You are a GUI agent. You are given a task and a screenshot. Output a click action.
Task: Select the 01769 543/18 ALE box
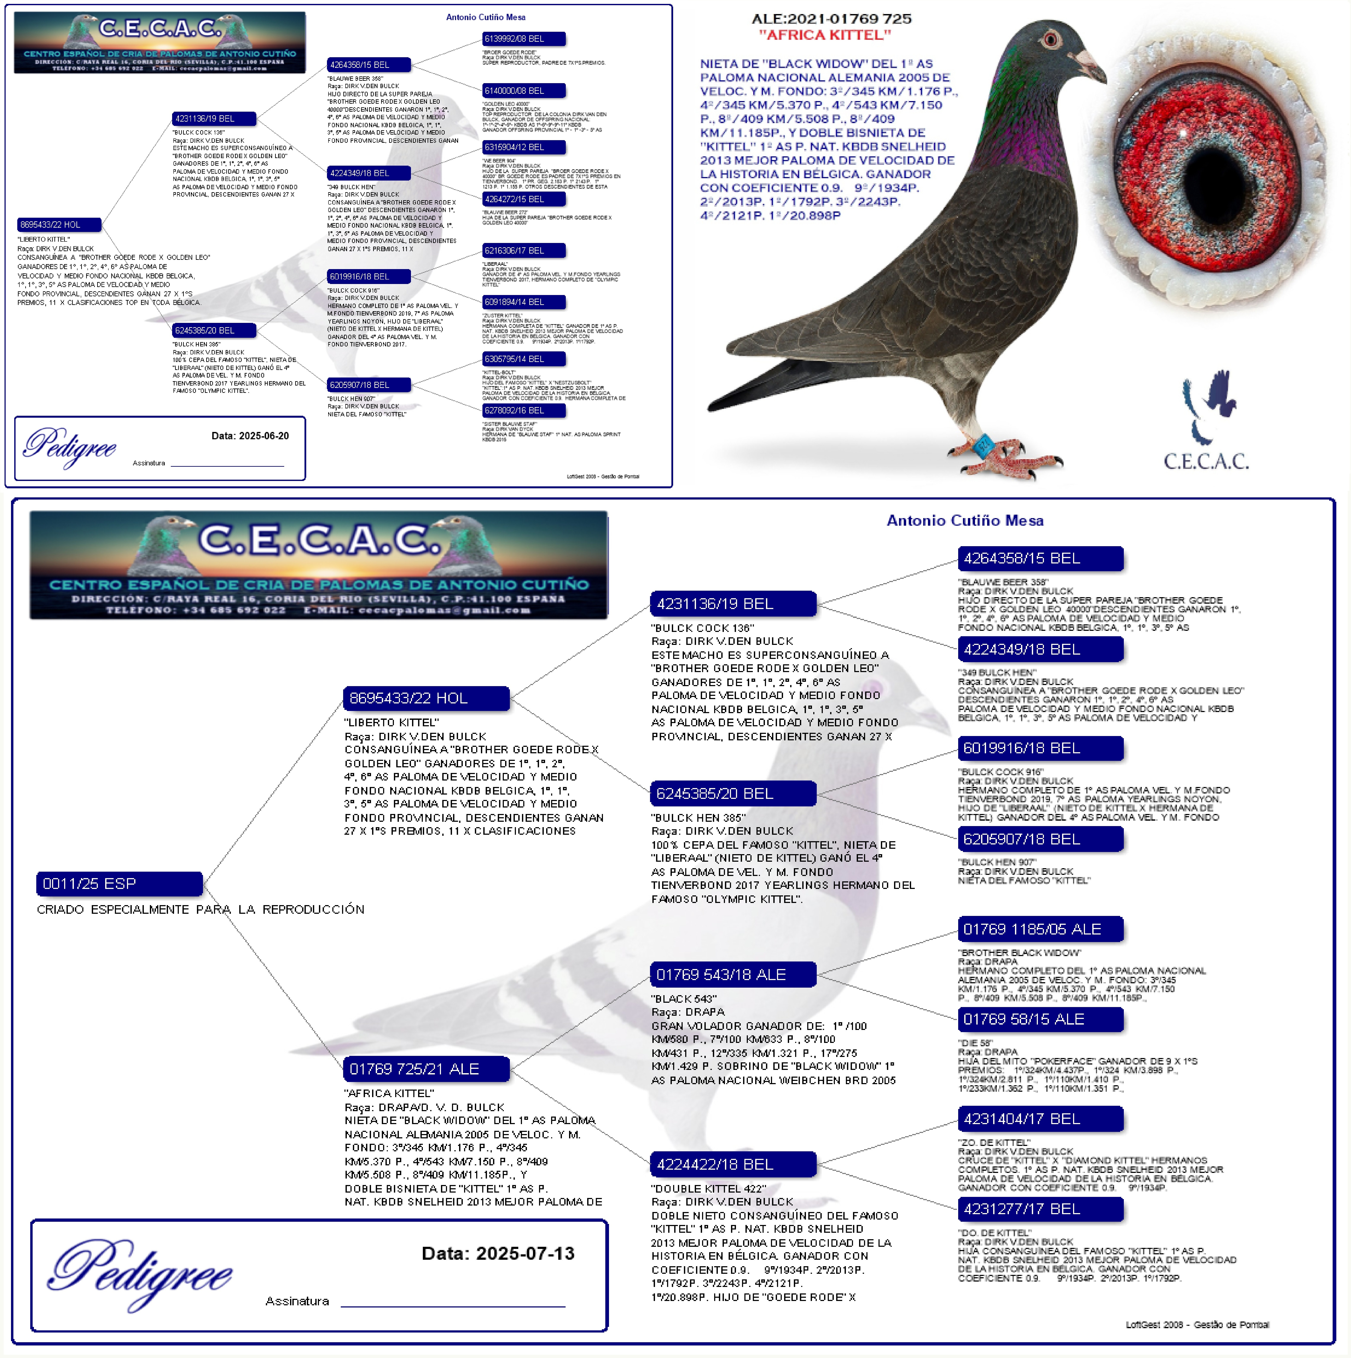[733, 974]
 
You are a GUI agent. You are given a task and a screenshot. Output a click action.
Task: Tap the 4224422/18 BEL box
[733, 1164]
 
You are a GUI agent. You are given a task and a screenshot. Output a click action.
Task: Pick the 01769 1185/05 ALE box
[1040, 929]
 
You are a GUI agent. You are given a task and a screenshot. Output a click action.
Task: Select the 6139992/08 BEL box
[524, 39]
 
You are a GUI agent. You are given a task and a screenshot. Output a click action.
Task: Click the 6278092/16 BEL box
[524, 411]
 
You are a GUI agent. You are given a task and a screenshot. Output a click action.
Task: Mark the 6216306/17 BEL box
[524, 250]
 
